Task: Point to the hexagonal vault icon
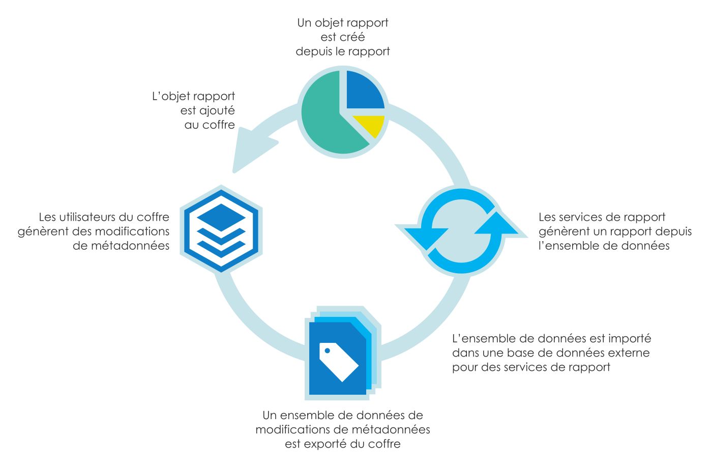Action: [x=221, y=229]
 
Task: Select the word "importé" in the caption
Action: [x=630, y=339]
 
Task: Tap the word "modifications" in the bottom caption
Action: [x=292, y=430]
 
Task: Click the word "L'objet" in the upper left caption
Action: [x=171, y=97]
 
